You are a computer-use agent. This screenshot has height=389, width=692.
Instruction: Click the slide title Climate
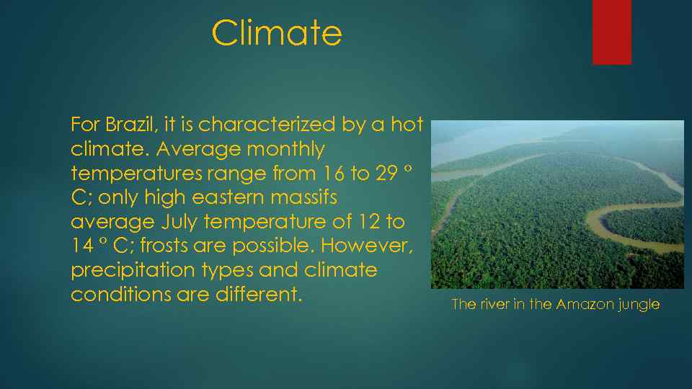click(277, 33)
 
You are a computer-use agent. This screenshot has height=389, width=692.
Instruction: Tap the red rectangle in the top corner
click(611, 32)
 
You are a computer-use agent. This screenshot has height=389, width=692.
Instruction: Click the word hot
click(407, 125)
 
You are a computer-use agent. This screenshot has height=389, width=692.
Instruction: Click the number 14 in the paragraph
click(83, 246)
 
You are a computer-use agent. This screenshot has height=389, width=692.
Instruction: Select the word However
click(368, 246)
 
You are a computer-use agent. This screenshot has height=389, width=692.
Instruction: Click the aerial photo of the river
click(556, 205)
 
